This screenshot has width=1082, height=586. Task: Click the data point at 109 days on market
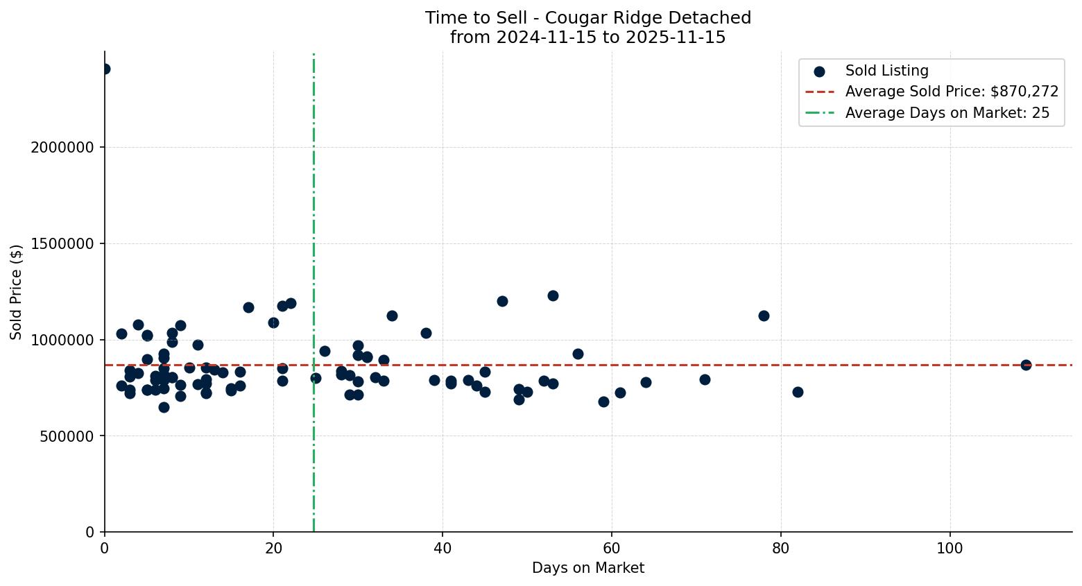[1025, 365]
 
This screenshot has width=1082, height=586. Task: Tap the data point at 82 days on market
[798, 392]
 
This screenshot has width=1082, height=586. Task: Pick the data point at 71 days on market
[705, 379]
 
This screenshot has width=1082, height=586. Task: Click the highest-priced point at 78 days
[764, 316]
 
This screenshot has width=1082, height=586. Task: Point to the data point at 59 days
[603, 402]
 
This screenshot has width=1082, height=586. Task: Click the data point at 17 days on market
[248, 307]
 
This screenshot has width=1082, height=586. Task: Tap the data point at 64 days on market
[646, 382]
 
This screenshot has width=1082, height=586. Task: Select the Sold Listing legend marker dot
[819, 71]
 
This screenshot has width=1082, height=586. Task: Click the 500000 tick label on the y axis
[67, 436]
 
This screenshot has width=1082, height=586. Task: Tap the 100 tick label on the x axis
[950, 548]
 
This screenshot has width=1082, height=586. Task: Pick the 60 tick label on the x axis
[611, 548]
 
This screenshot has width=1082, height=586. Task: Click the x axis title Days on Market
[587, 568]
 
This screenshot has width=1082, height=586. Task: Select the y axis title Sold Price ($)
[16, 292]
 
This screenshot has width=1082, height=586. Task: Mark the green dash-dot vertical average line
[314, 208]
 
